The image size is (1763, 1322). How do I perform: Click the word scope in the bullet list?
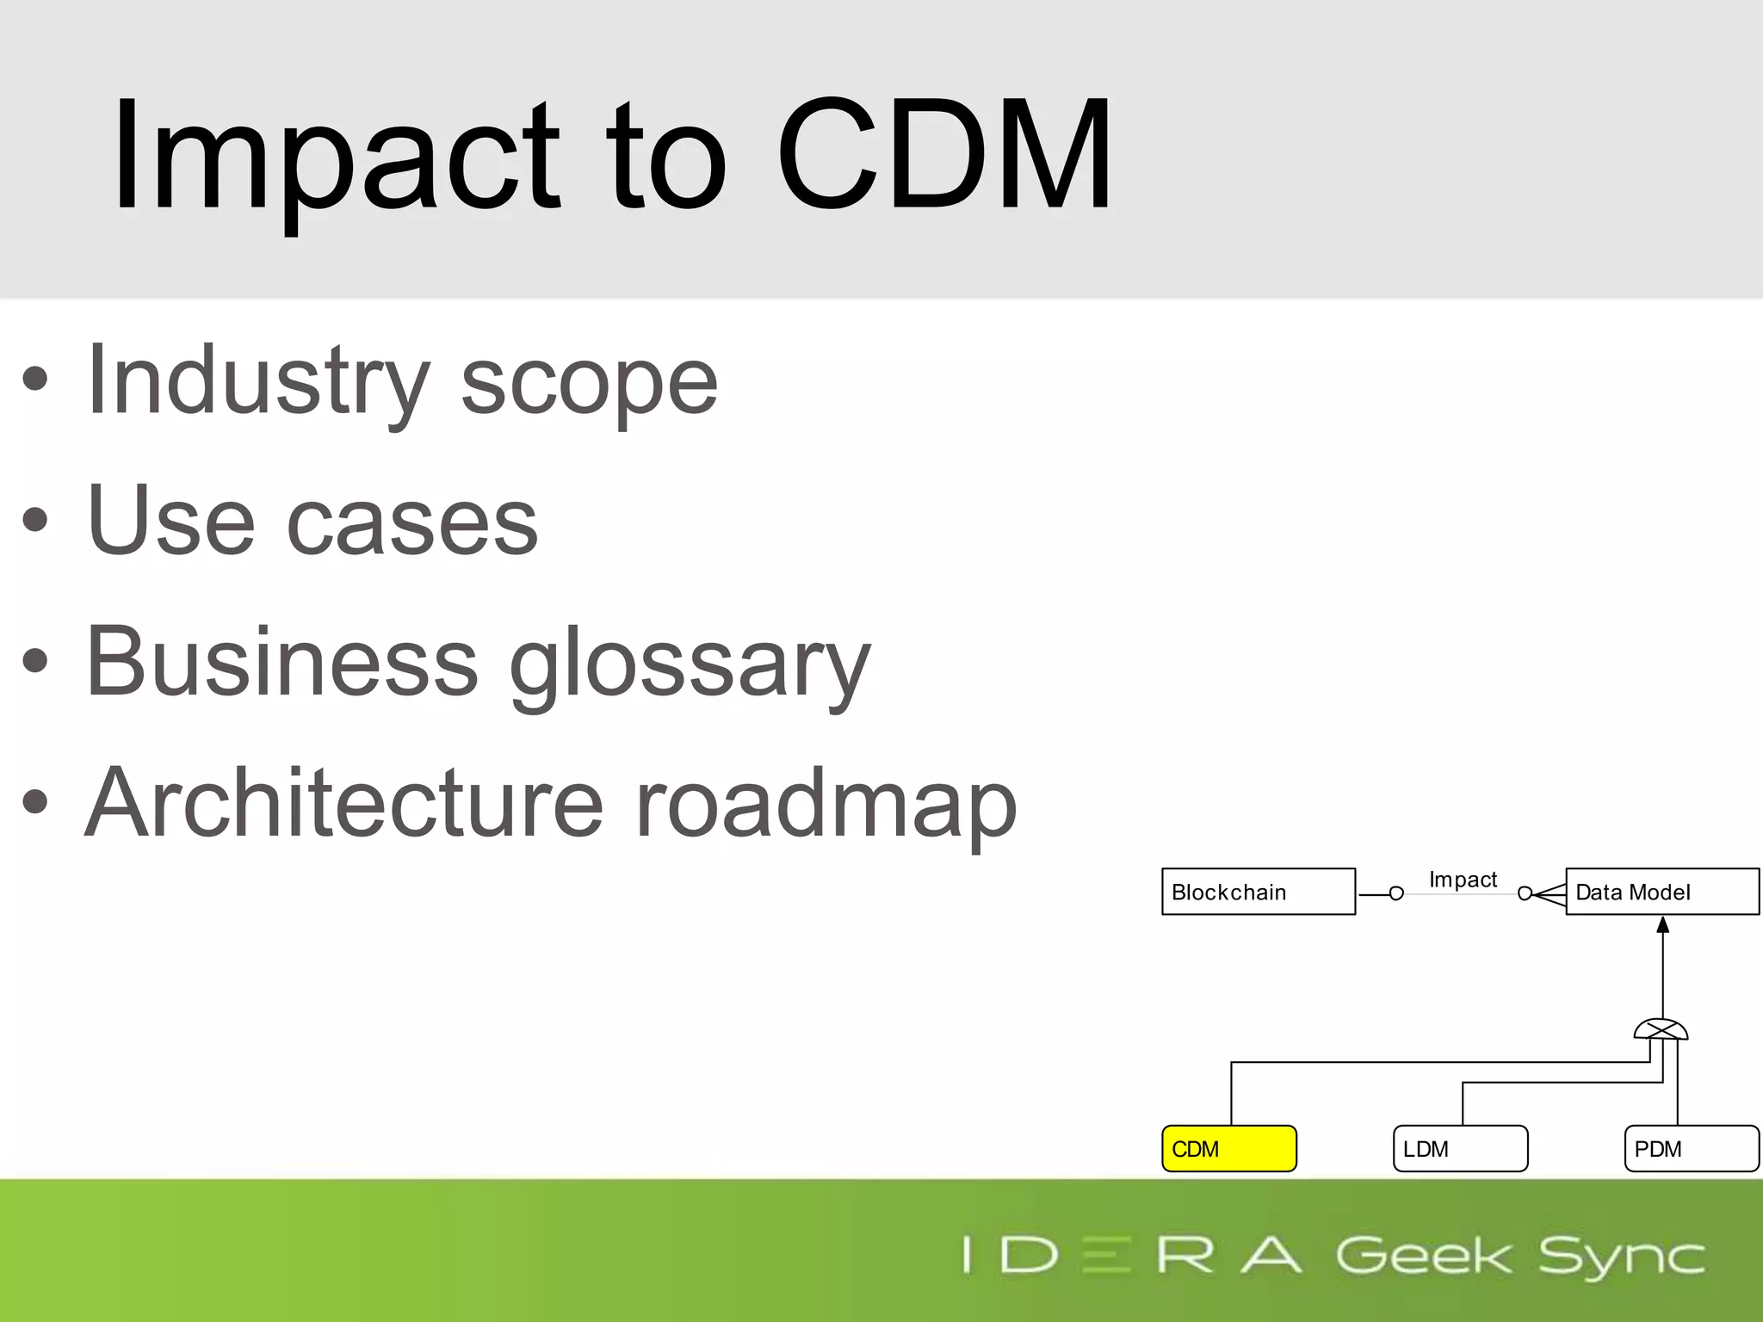(589, 383)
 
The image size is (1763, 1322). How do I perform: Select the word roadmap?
(826, 805)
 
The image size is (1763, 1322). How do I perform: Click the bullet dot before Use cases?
(35, 520)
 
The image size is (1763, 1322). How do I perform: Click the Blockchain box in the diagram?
(1258, 892)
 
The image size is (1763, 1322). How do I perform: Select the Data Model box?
(1661, 892)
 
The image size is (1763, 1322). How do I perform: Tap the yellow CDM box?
(1228, 1148)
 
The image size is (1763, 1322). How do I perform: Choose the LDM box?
(1460, 1148)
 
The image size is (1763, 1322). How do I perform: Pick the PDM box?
(1691, 1148)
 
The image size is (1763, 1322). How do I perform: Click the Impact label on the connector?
(1463, 880)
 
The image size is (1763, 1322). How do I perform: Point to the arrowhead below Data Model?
(1663, 925)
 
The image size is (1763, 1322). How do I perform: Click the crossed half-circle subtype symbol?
(1661, 1029)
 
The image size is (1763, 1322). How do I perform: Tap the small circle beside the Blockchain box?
(1396, 894)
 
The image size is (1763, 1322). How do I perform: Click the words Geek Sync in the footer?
(1520, 1256)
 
